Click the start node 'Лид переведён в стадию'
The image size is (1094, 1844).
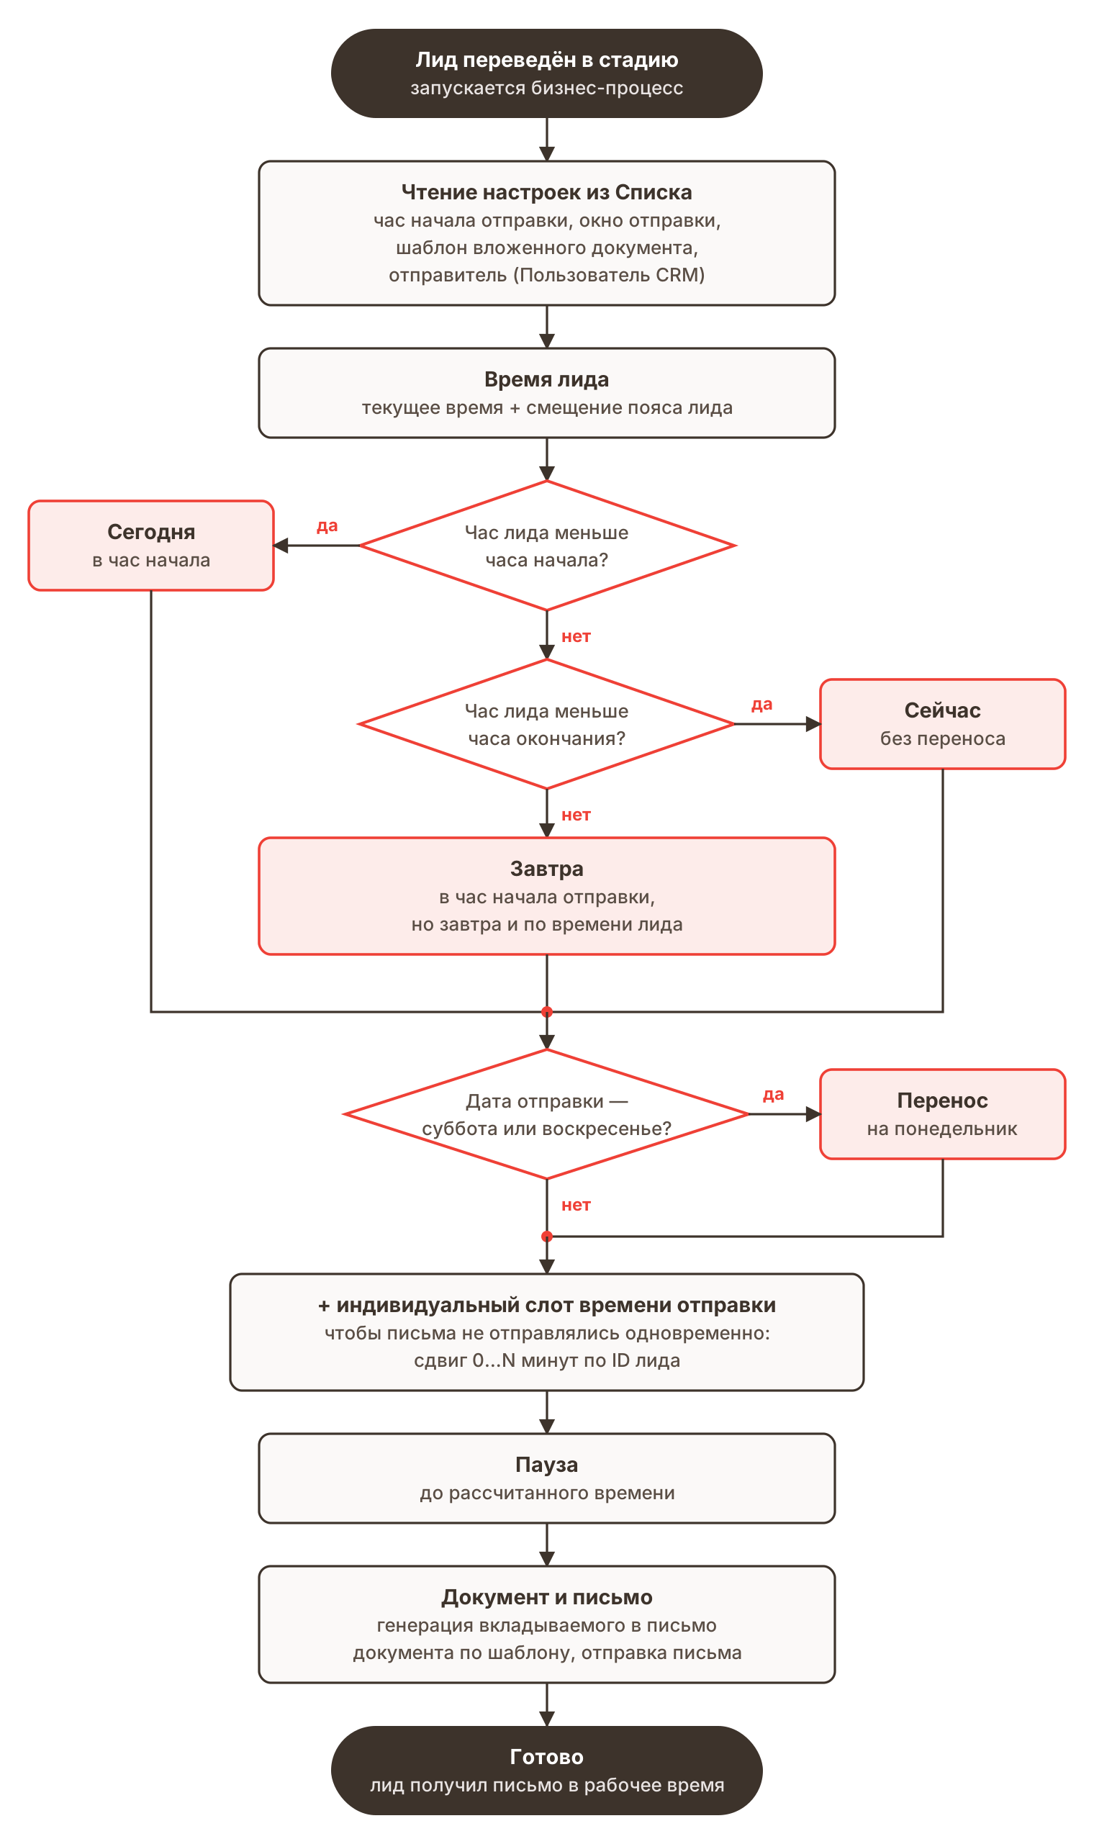pyautogui.click(x=546, y=73)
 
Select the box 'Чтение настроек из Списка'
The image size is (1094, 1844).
pyautogui.click(x=546, y=233)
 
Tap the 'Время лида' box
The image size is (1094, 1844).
pyautogui.click(x=546, y=393)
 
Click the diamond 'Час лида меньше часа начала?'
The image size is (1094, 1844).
pyautogui.click(x=546, y=546)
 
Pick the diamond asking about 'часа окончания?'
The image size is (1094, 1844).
pyautogui.click(x=546, y=724)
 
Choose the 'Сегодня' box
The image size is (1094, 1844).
pyautogui.click(x=151, y=546)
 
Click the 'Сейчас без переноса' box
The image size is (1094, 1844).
pyautogui.click(x=942, y=724)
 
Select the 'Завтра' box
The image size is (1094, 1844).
pyautogui.click(x=546, y=895)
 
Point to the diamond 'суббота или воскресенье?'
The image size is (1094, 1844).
pyautogui.click(x=546, y=1113)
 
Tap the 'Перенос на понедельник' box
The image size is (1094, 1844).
pyautogui.click(x=942, y=1113)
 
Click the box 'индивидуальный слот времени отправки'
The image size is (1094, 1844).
pyautogui.click(x=546, y=1332)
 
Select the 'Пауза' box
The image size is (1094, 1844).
pyautogui.click(x=546, y=1478)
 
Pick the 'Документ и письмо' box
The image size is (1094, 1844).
pyautogui.click(x=546, y=1624)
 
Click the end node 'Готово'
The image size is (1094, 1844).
pyautogui.click(x=546, y=1771)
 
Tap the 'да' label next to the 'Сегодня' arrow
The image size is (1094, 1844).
pyautogui.click(x=327, y=525)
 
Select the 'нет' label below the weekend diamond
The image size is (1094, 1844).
pyautogui.click(x=576, y=1205)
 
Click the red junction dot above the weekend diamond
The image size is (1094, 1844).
pyautogui.click(x=546, y=1012)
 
